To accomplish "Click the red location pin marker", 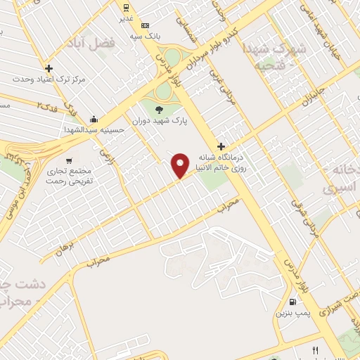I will point(181,165).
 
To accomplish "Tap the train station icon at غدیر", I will point(126,8).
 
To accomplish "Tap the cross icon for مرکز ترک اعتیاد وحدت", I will point(49,69).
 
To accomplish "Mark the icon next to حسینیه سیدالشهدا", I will point(94,119).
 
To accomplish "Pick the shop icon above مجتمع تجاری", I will point(68,160).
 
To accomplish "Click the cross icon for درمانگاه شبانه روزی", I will point(221,146).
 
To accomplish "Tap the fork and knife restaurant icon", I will point(316,350).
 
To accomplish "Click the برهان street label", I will point(64,241).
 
